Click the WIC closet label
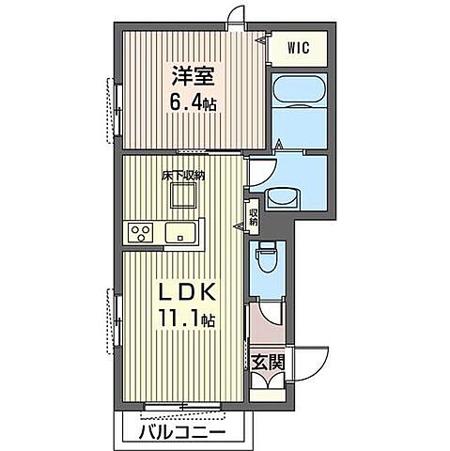(299, 48)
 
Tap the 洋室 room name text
(193, 75)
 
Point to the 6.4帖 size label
(193, 102)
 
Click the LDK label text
(188, 292)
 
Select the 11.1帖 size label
(187, 319)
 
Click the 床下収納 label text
(183, 176)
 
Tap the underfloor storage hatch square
(183, 195)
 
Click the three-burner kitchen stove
(140, 233)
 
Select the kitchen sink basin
(180, 233)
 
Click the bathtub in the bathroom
(299, 91)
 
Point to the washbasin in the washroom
(283, 197)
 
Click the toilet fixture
(266, 254)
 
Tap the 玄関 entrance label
(269, 363)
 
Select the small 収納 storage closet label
(253, 217)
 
